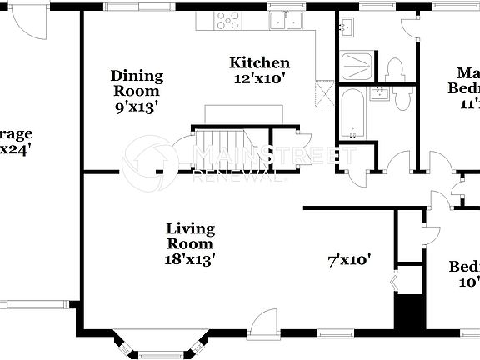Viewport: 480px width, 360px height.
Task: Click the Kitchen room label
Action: click(x=259, y=63)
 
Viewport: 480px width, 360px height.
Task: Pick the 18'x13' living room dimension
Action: click(x=190, y=258)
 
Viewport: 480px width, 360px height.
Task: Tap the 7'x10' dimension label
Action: click(x=348, y=260)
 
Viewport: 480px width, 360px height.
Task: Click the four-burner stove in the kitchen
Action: click(x=227, y=20)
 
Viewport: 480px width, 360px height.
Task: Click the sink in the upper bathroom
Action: click(x=348, y=28)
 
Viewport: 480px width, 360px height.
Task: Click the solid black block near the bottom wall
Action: click(x=409, y=315)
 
